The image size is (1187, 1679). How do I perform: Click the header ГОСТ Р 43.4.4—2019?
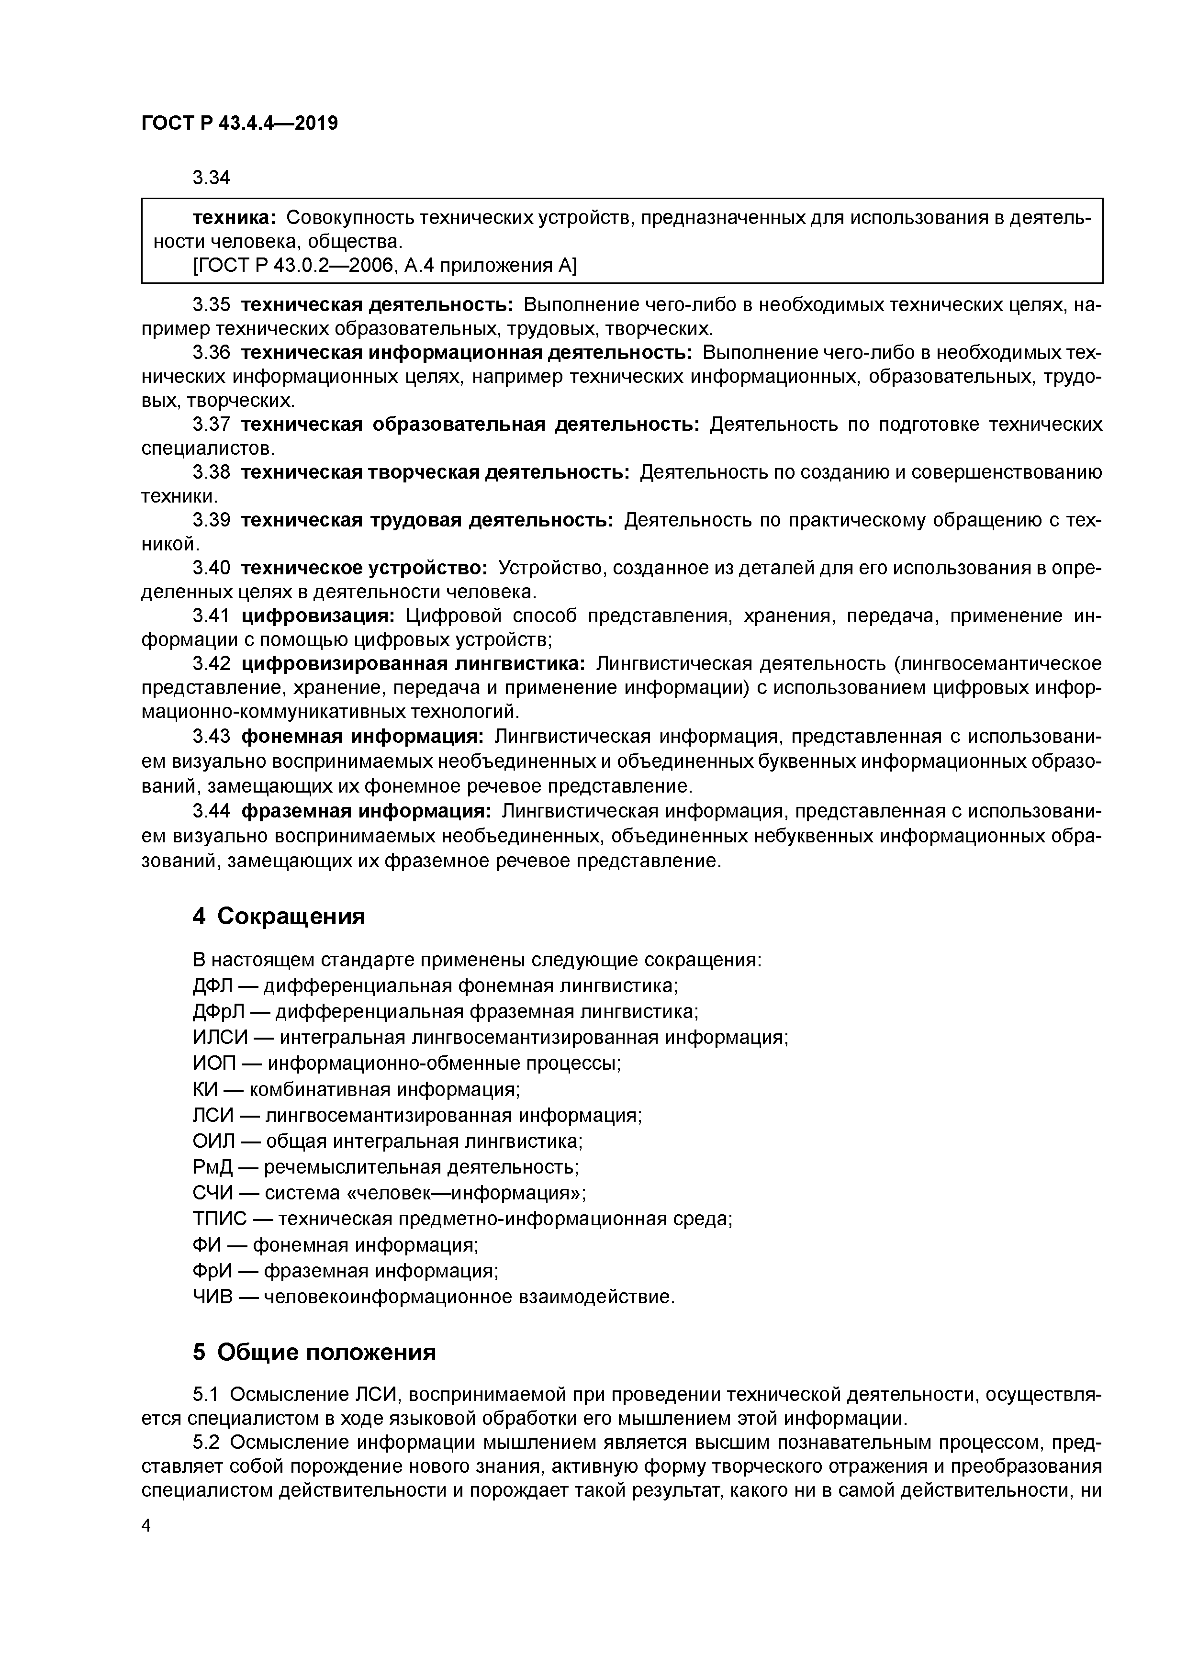pyautogui.click(x=239, y=123)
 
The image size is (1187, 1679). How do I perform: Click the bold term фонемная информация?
pyautogui.click(x=362, y=736)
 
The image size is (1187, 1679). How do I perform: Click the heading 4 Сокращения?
pyautogui.click(x=279, y=916)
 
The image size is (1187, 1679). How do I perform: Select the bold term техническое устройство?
pyautogui.click(x=363, y=568)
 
